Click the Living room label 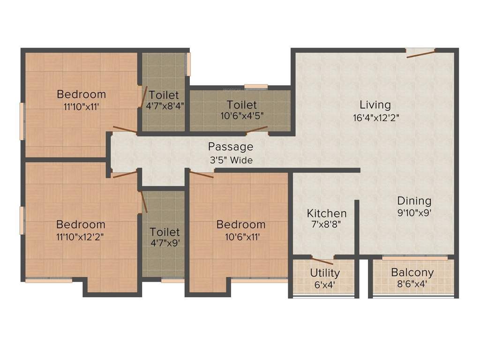click(x=375, y=104)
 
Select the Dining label click(x=414, y=201)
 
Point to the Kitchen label click(x=327, y=213)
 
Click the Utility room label click(x=325, y=273)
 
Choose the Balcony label click(x=412, y=272)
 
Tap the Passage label click(x=231, y=147)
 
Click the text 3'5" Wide click(x=231, y=160)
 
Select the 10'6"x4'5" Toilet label click(x=241, y=104)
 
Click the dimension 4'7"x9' click(x=165, y=243)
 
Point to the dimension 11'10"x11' click(x=82, y=106)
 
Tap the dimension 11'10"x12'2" click(x=80, y=236)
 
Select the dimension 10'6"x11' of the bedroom click(x=241, y=237)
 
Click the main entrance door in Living click(x=420, y=53)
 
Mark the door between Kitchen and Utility click(x=322, y=261)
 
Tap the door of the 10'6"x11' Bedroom click(x=202, y=174)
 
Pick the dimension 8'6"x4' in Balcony click(x=412, y=284)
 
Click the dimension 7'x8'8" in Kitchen click(x=327, y=224)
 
